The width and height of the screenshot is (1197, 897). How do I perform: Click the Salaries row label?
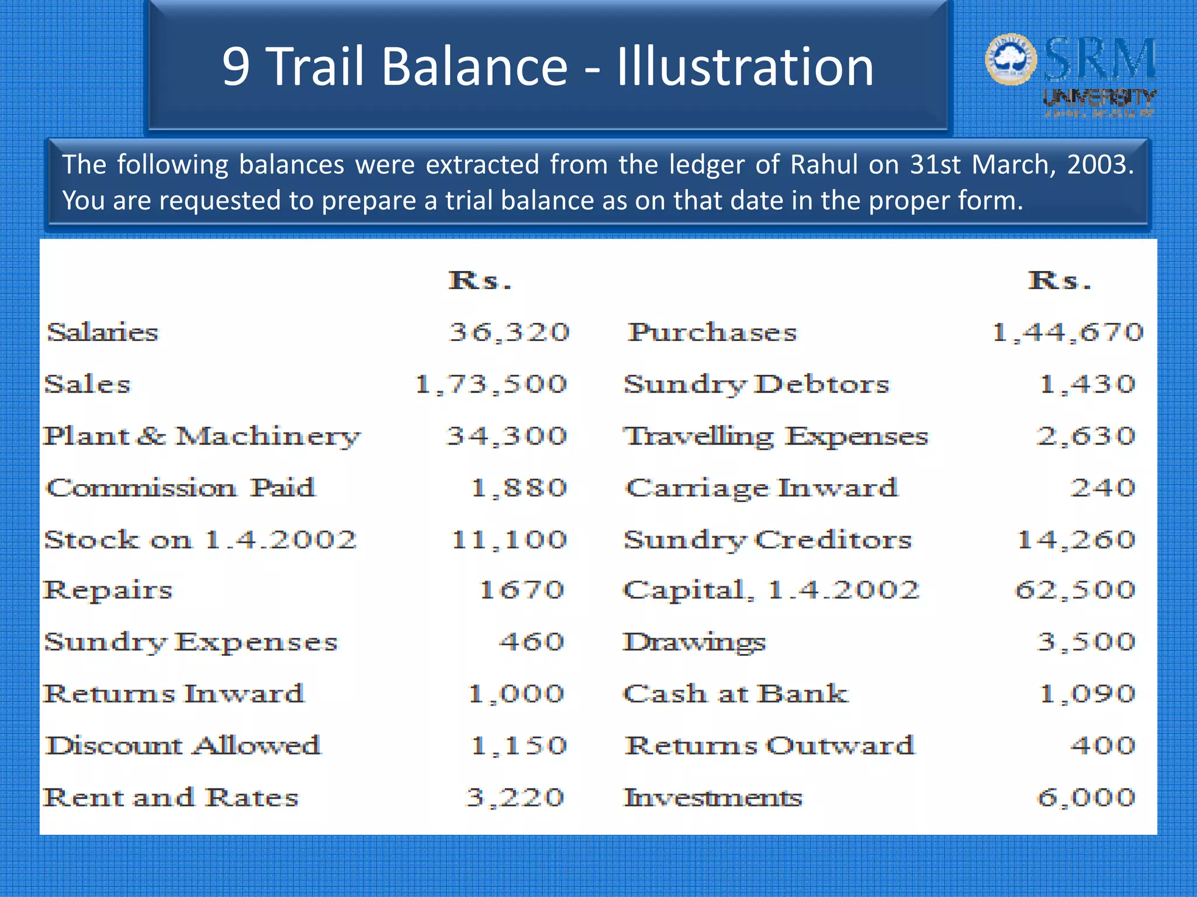coord(103,332)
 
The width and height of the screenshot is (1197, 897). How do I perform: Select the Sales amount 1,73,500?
coord(491,384)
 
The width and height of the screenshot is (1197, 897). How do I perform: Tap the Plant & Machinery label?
coord(202,436)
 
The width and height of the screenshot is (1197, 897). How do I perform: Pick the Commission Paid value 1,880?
coord(519,488)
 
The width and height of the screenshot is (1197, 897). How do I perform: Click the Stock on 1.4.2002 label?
coord(200,540)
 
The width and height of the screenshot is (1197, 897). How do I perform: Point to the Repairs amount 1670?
coord(522,590)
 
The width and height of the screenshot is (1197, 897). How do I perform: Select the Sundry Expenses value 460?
coord(531,642)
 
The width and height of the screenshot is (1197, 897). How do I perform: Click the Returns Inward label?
coord(174,694)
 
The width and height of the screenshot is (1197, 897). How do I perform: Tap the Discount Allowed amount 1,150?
coord(519,745)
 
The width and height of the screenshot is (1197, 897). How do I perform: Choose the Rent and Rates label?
coord(171,797)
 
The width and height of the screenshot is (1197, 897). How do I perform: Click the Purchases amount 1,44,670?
coord(1067,332)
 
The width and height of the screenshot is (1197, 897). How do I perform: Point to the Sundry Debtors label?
coord(756,384)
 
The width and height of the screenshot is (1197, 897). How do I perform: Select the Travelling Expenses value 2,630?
coord(1086,436)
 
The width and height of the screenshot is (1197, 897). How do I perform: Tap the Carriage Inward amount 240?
coord(1102,488)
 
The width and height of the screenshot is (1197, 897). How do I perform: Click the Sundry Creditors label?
coord(767,540)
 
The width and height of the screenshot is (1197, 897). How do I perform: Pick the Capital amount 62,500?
coord(1075,590)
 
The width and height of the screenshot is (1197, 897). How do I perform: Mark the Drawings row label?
coord(694,642)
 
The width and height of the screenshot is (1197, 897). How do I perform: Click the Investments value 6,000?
coord(1086,797)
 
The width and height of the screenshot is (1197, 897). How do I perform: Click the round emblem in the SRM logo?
coord(1011,60)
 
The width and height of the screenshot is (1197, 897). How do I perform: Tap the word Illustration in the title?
coord(745,67)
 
